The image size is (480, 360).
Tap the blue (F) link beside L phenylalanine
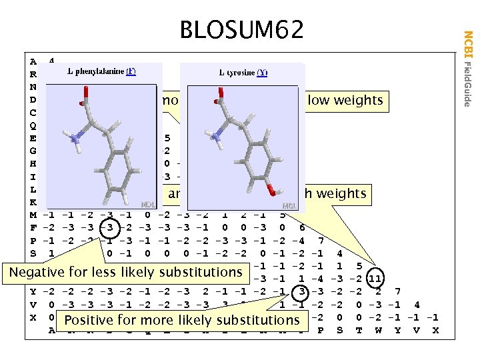tap(131, 72)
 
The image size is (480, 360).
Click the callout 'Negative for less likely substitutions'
tap(125, 271)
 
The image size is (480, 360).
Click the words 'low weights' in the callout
tap(344, 101)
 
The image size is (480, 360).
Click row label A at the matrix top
tap(33, 62)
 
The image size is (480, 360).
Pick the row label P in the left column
tap(33, 240)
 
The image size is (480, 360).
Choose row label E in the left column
tap(33, 139)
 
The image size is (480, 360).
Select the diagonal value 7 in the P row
tap(321, 240)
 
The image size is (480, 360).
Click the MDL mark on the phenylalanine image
tap(149, 205)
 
